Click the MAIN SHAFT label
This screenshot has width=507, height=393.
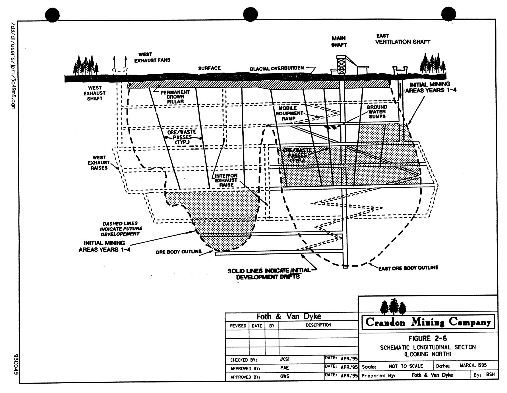339,42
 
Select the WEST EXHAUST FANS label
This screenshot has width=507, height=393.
152,57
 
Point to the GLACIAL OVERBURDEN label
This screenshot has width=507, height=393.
276,69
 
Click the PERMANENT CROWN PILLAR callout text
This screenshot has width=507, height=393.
175,97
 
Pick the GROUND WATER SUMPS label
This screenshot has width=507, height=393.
377,112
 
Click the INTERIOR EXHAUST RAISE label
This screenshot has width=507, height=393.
226,180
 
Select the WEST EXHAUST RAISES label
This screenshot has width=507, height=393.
99,163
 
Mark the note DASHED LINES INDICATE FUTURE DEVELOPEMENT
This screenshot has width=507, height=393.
121,229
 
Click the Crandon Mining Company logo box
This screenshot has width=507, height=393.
428,322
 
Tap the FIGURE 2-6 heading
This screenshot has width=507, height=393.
427,338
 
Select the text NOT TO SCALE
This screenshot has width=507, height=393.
406,366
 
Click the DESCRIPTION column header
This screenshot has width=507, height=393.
318,325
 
